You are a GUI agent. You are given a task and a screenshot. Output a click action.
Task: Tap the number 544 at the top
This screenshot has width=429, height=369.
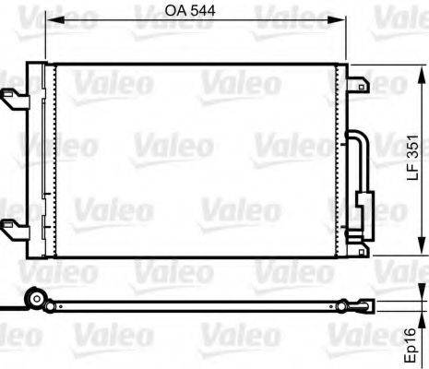[204, 12]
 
